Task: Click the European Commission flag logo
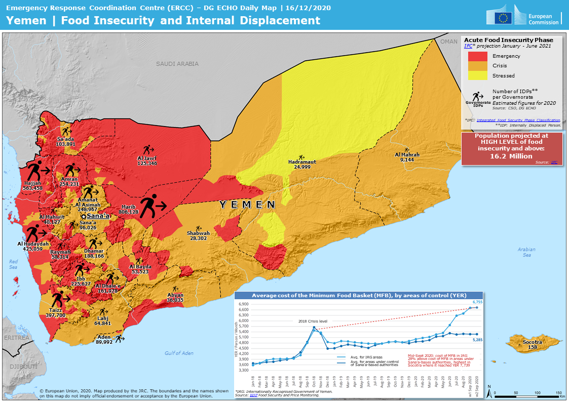[504, 18]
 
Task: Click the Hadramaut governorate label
[302, 162]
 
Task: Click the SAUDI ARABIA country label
[177, 64]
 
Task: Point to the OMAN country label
[449, 42]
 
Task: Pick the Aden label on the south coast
[104, 337]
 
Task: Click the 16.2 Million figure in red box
[511, 156]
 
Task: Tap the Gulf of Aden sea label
[179, 353]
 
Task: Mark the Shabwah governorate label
[198, 233]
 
